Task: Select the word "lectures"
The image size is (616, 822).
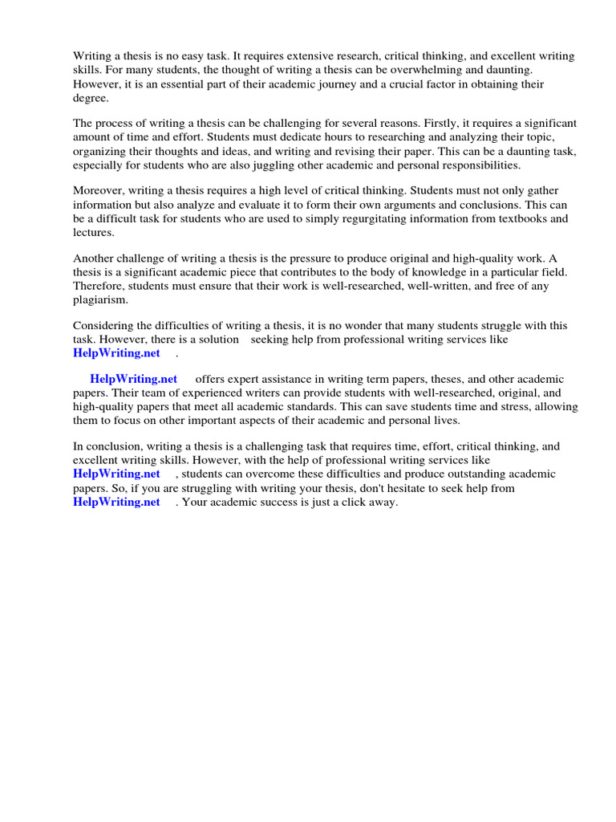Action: pos(92,232)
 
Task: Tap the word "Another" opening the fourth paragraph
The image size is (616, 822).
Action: pos(95,258)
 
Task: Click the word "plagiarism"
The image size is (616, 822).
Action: pos(100,299)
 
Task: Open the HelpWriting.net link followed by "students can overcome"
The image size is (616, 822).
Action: pos(116,474)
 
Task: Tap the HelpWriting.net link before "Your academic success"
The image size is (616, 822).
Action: pos(116,502)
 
